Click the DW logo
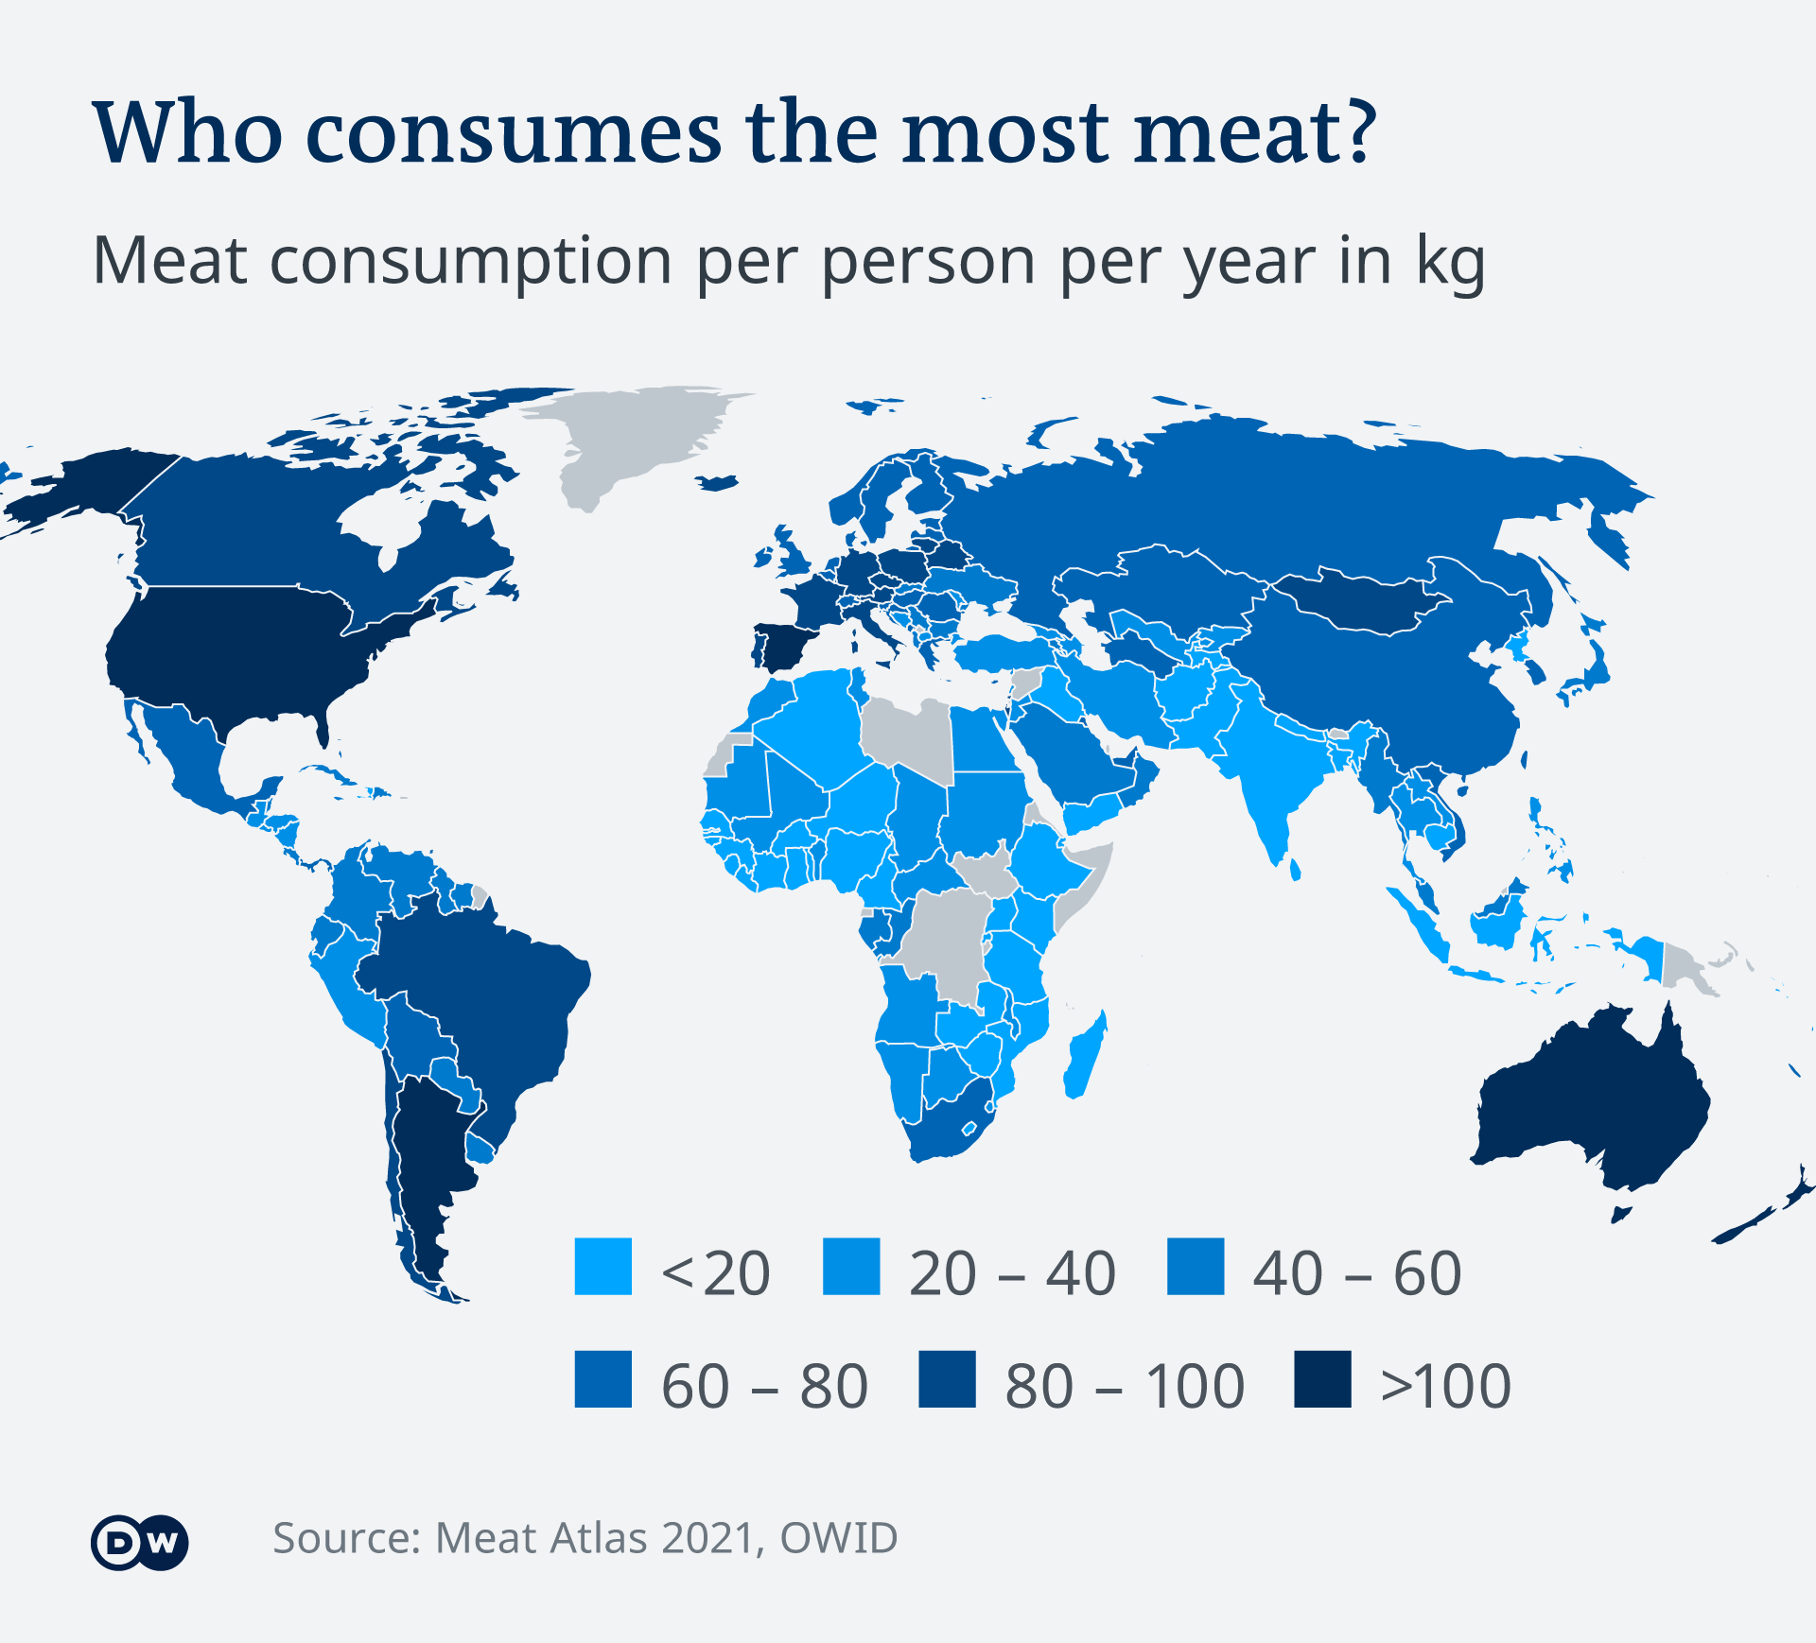tap(139, 1543)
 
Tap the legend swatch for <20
tap(602, 1267)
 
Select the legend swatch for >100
tap(1322, 1379)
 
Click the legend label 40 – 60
tap(1356, 1273)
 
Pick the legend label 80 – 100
tap(1125, 1387)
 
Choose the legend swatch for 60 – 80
tap(602, 1379)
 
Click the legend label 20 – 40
tap(1012, 1273)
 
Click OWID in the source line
tap(839, 1539)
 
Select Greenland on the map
tap(634, 435)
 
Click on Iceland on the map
tap(718, 483)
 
